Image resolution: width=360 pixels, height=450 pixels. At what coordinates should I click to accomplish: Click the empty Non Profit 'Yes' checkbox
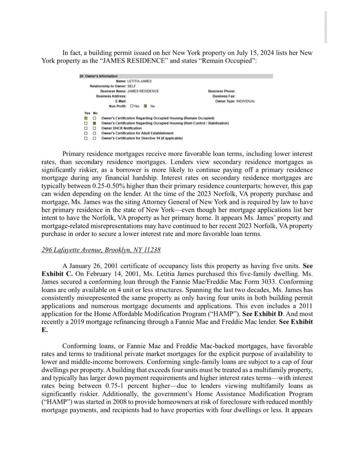[x=131, y=106]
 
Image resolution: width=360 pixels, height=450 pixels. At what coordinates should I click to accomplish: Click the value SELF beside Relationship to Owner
[x=132, y=86]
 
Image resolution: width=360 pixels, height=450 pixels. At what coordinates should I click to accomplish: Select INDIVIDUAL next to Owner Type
[x=246, y=101]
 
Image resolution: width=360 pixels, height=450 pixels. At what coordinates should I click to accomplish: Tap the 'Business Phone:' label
[x=222, y=91]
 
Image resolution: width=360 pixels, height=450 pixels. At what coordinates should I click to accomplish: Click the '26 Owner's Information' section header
[x=99, y=76]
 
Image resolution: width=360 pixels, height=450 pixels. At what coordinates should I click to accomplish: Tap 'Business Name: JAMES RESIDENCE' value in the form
[x=143, y=91]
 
